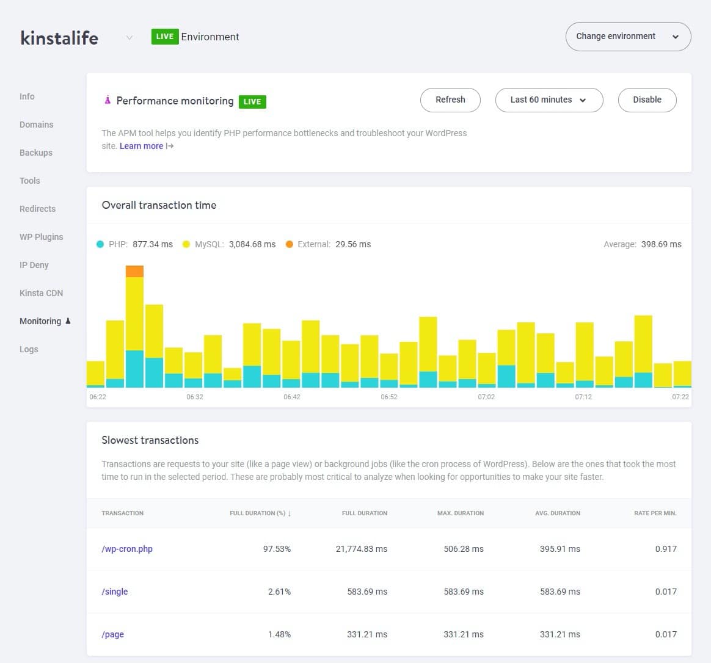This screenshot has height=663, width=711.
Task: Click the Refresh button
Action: pyautogui.click(x=450, y=100)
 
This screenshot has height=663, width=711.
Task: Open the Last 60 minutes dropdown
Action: pyautogui.click(x=549, y=100)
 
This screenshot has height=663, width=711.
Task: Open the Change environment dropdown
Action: pyautogui.click(x=628, y=37)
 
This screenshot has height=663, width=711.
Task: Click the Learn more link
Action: pyautogui.click(x=141, y=146)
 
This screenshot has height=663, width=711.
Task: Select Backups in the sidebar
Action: pyautogui.click(x=36, y=153)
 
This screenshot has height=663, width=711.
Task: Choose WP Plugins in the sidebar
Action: pyautogui.click(x=41, y=237)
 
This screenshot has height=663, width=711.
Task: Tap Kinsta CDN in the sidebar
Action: pyautogui.click(x=41, y=293)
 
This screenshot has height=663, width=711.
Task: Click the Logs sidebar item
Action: pyautogui.click(x=29, y=349)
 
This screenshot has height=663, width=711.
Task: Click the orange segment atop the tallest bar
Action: pyautogui.click(x=134, y=271)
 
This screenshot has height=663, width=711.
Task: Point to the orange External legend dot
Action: pyautogui.click(x=290, y=244)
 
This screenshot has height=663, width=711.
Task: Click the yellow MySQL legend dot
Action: pyautogui.click(x=186, y=244)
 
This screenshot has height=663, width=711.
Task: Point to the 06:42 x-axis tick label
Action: pyautogui.click(x=292, y=397)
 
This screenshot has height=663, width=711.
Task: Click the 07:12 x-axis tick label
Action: pyautogui.click(x=583, y=397)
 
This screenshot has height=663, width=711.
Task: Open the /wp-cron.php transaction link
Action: pyautogui.click(x=127, y=549)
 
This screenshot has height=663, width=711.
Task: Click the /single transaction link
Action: pyautogui.click(x=115, y=592)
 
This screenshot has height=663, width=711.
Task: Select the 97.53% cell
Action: pyautogui.click(x=277, y=549)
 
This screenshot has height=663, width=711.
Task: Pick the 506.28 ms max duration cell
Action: pyautogui.click(x=464, y=549)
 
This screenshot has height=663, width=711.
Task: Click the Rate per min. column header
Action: pyautogui.click(x=655, y=513)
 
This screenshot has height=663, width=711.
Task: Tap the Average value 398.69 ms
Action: pyautogui.click(x=661, y=244)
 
